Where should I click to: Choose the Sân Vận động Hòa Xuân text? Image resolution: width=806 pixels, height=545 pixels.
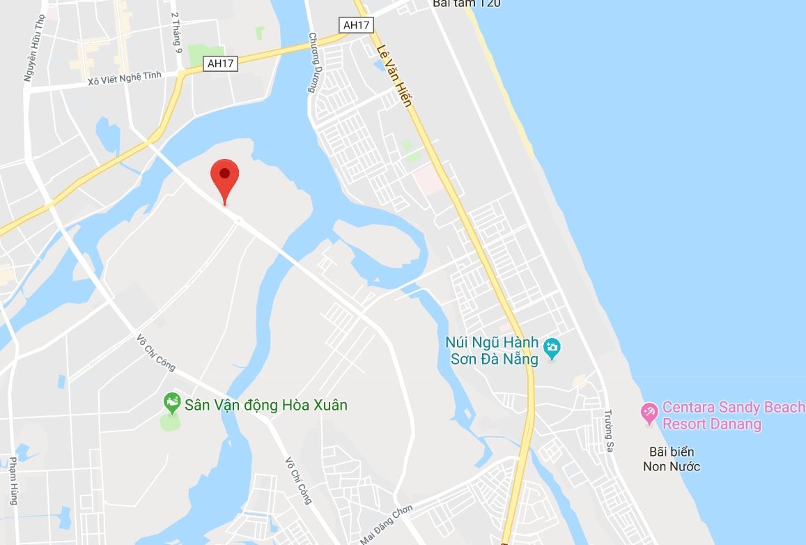coord(265,404)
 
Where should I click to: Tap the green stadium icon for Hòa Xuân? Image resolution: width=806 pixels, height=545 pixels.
coord(171,402)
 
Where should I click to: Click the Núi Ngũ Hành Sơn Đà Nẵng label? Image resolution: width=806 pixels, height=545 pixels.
coord(493,351)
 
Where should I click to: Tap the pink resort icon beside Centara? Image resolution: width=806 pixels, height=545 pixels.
coord(649,413)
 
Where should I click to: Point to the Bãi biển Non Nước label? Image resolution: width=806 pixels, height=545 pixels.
coord(672,459)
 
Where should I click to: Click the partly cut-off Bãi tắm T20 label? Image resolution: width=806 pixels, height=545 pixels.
coord(466,3)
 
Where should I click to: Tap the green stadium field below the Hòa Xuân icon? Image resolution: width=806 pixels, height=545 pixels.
coord(169,422)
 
